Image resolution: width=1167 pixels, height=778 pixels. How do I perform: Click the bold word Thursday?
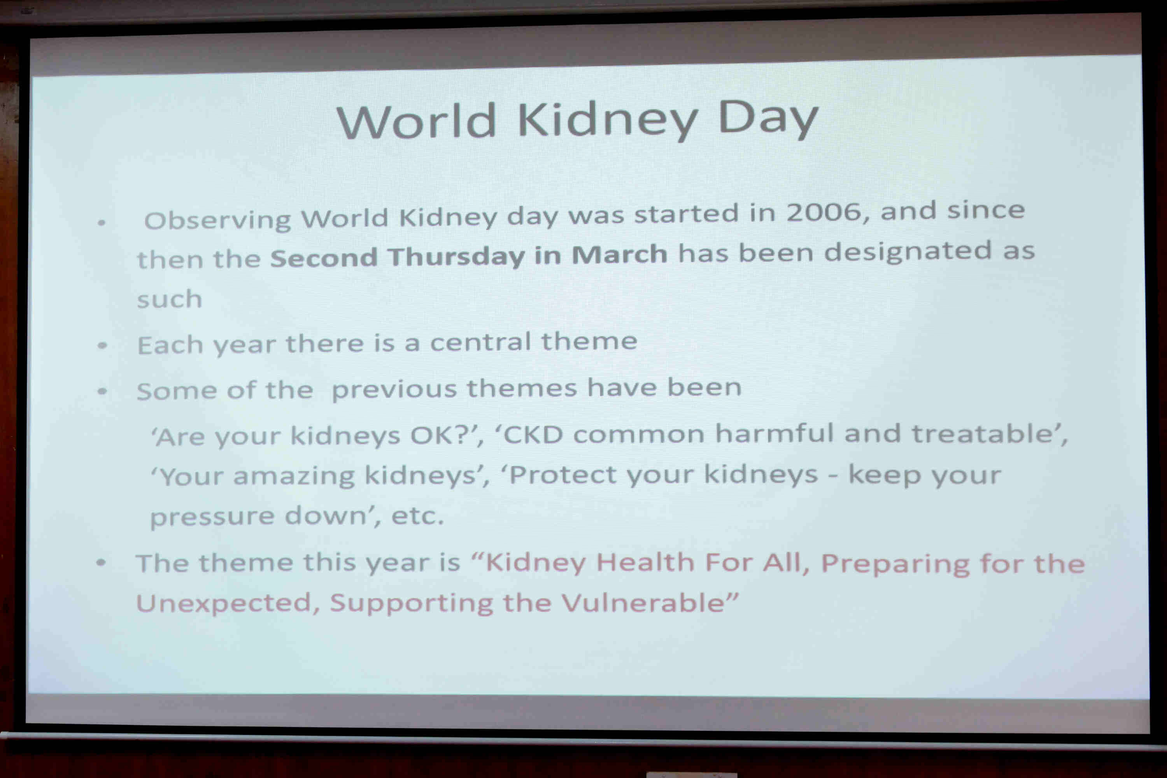[456, 256]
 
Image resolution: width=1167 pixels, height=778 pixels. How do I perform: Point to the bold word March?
[619, 254]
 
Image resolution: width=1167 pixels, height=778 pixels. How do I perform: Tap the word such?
[170, 299]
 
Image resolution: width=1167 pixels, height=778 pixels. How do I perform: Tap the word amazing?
[294, 476]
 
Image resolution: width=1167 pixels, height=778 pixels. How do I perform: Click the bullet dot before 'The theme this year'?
[101, 562]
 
